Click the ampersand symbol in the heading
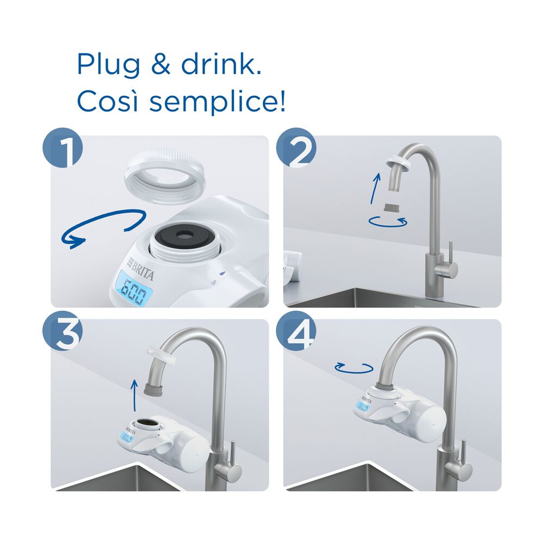click(x=161, y=64)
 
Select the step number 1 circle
click(x=63, y=148)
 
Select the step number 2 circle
click(x=296, y=148)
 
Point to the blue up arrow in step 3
click(x=134, y=395)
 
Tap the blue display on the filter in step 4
click(x=363, y=407)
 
